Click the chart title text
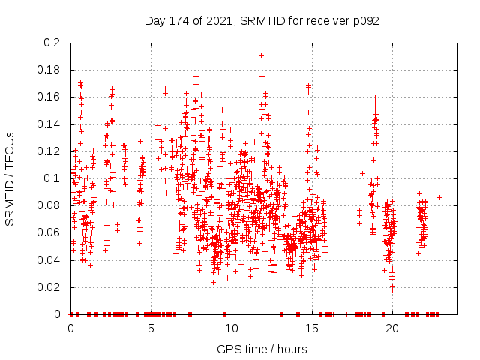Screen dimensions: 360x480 [x=262, y=21]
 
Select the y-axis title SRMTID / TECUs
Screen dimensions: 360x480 [x=10, y=178]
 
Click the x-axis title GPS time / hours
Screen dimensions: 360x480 [x=262, y=349]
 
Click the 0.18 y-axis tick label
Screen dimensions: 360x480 [x=49, y=70]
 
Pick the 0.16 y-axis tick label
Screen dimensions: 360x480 [x=49, y=97]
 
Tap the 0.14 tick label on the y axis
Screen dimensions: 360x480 [x=49, y=124]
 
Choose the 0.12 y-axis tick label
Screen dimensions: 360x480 [x=49, y=151]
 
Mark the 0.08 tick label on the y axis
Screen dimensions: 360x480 [x=49, y=205]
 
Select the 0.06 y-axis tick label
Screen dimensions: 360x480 [x=49, y=232]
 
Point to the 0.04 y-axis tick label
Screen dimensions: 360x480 [x=49, y=260]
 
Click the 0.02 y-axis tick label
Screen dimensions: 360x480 [x=49, y=287]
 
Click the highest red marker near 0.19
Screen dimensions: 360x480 [x=261, y=55]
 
